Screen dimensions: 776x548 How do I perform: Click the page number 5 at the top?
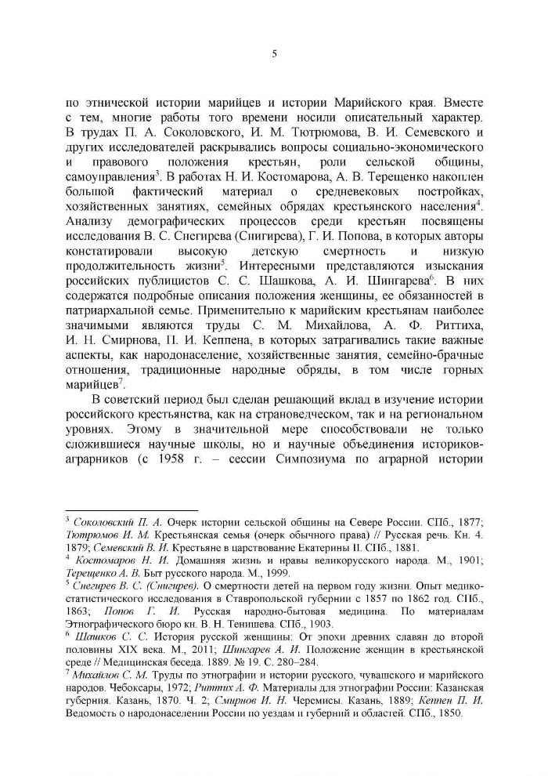[274, 54]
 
